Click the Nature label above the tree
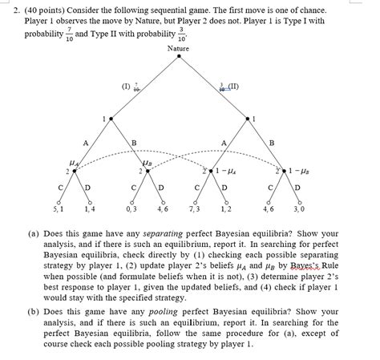pyautogui.click(x=178, y=49)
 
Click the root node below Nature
pyautogui.click(x=178, y=59)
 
